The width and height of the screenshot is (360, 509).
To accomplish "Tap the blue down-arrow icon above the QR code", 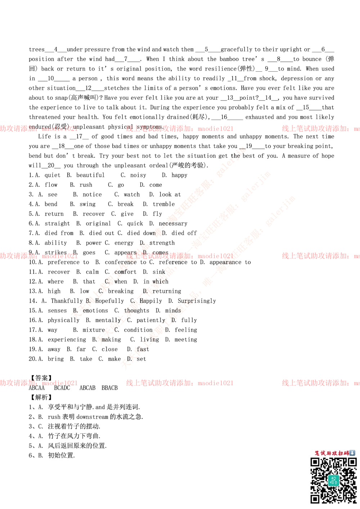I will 352,453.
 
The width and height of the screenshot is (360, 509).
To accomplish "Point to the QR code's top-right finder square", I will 351,462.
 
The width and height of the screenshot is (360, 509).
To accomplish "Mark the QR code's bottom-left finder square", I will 315,499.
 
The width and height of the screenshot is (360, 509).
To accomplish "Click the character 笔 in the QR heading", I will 318,453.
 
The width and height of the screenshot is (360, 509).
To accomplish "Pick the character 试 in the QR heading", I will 324,453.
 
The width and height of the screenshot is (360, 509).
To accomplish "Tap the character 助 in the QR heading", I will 329,453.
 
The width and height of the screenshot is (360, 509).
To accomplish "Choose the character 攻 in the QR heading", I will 335,453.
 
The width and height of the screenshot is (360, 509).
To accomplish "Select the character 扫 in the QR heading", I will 341,453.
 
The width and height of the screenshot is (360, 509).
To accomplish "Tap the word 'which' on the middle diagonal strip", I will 159,281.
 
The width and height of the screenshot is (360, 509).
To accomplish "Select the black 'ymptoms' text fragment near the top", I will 151,127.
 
